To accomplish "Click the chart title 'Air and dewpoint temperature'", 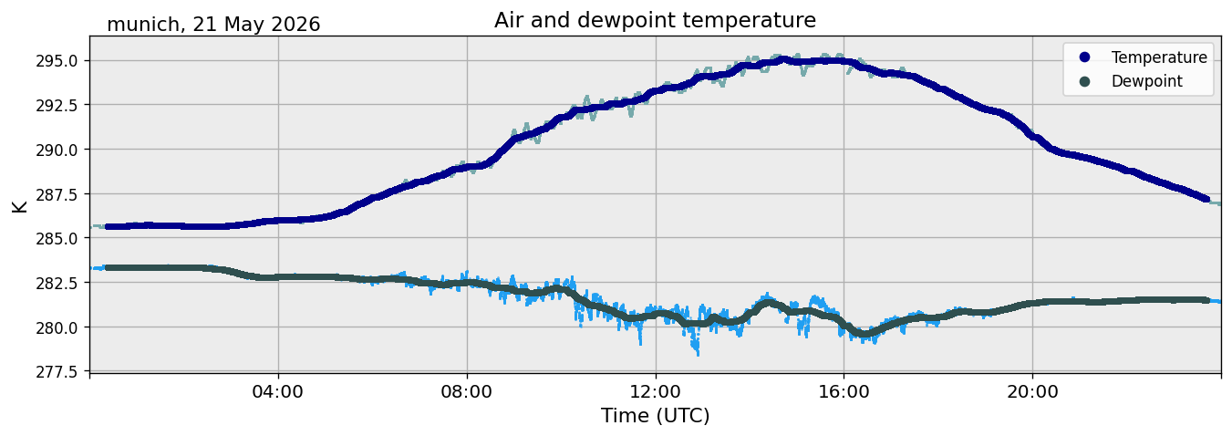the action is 655,20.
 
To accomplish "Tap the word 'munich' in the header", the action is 143,25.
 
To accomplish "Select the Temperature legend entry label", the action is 1159,57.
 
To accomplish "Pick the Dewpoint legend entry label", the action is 1147,81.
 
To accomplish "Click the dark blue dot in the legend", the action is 1084,57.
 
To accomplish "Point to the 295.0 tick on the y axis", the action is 57,61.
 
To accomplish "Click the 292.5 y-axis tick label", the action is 57,105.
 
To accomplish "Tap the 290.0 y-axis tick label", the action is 57,150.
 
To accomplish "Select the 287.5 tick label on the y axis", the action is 57,194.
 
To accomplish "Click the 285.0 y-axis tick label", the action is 57,239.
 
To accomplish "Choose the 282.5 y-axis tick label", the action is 57,283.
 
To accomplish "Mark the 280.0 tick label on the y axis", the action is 57,327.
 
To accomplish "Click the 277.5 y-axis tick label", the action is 57,372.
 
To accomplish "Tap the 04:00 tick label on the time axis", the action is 278,392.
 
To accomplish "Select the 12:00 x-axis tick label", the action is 655,392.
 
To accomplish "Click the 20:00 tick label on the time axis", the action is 1032,392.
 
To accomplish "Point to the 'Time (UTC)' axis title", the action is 655,416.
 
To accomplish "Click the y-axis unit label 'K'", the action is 20,207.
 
